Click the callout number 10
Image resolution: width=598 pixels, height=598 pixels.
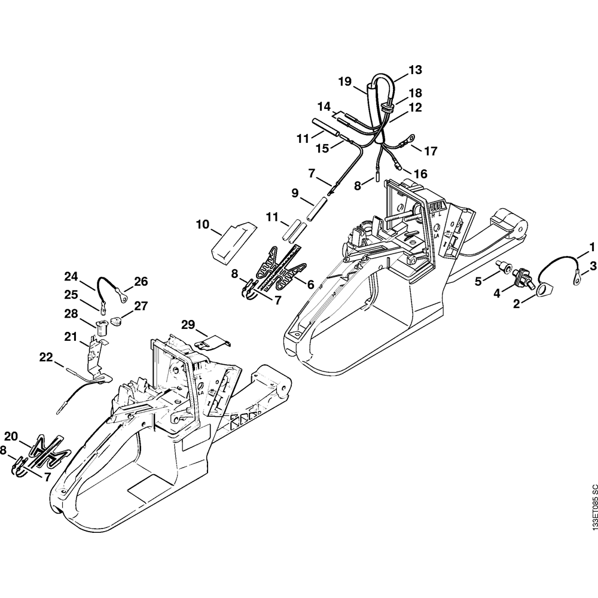[203, 225]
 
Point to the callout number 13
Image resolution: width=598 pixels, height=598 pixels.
[415, 70]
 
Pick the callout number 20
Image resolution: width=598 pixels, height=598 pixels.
[11, 436]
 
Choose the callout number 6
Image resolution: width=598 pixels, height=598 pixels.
[310, 285]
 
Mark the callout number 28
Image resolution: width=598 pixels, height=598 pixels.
[71, 313]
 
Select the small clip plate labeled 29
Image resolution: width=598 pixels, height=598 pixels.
[212, 343]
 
